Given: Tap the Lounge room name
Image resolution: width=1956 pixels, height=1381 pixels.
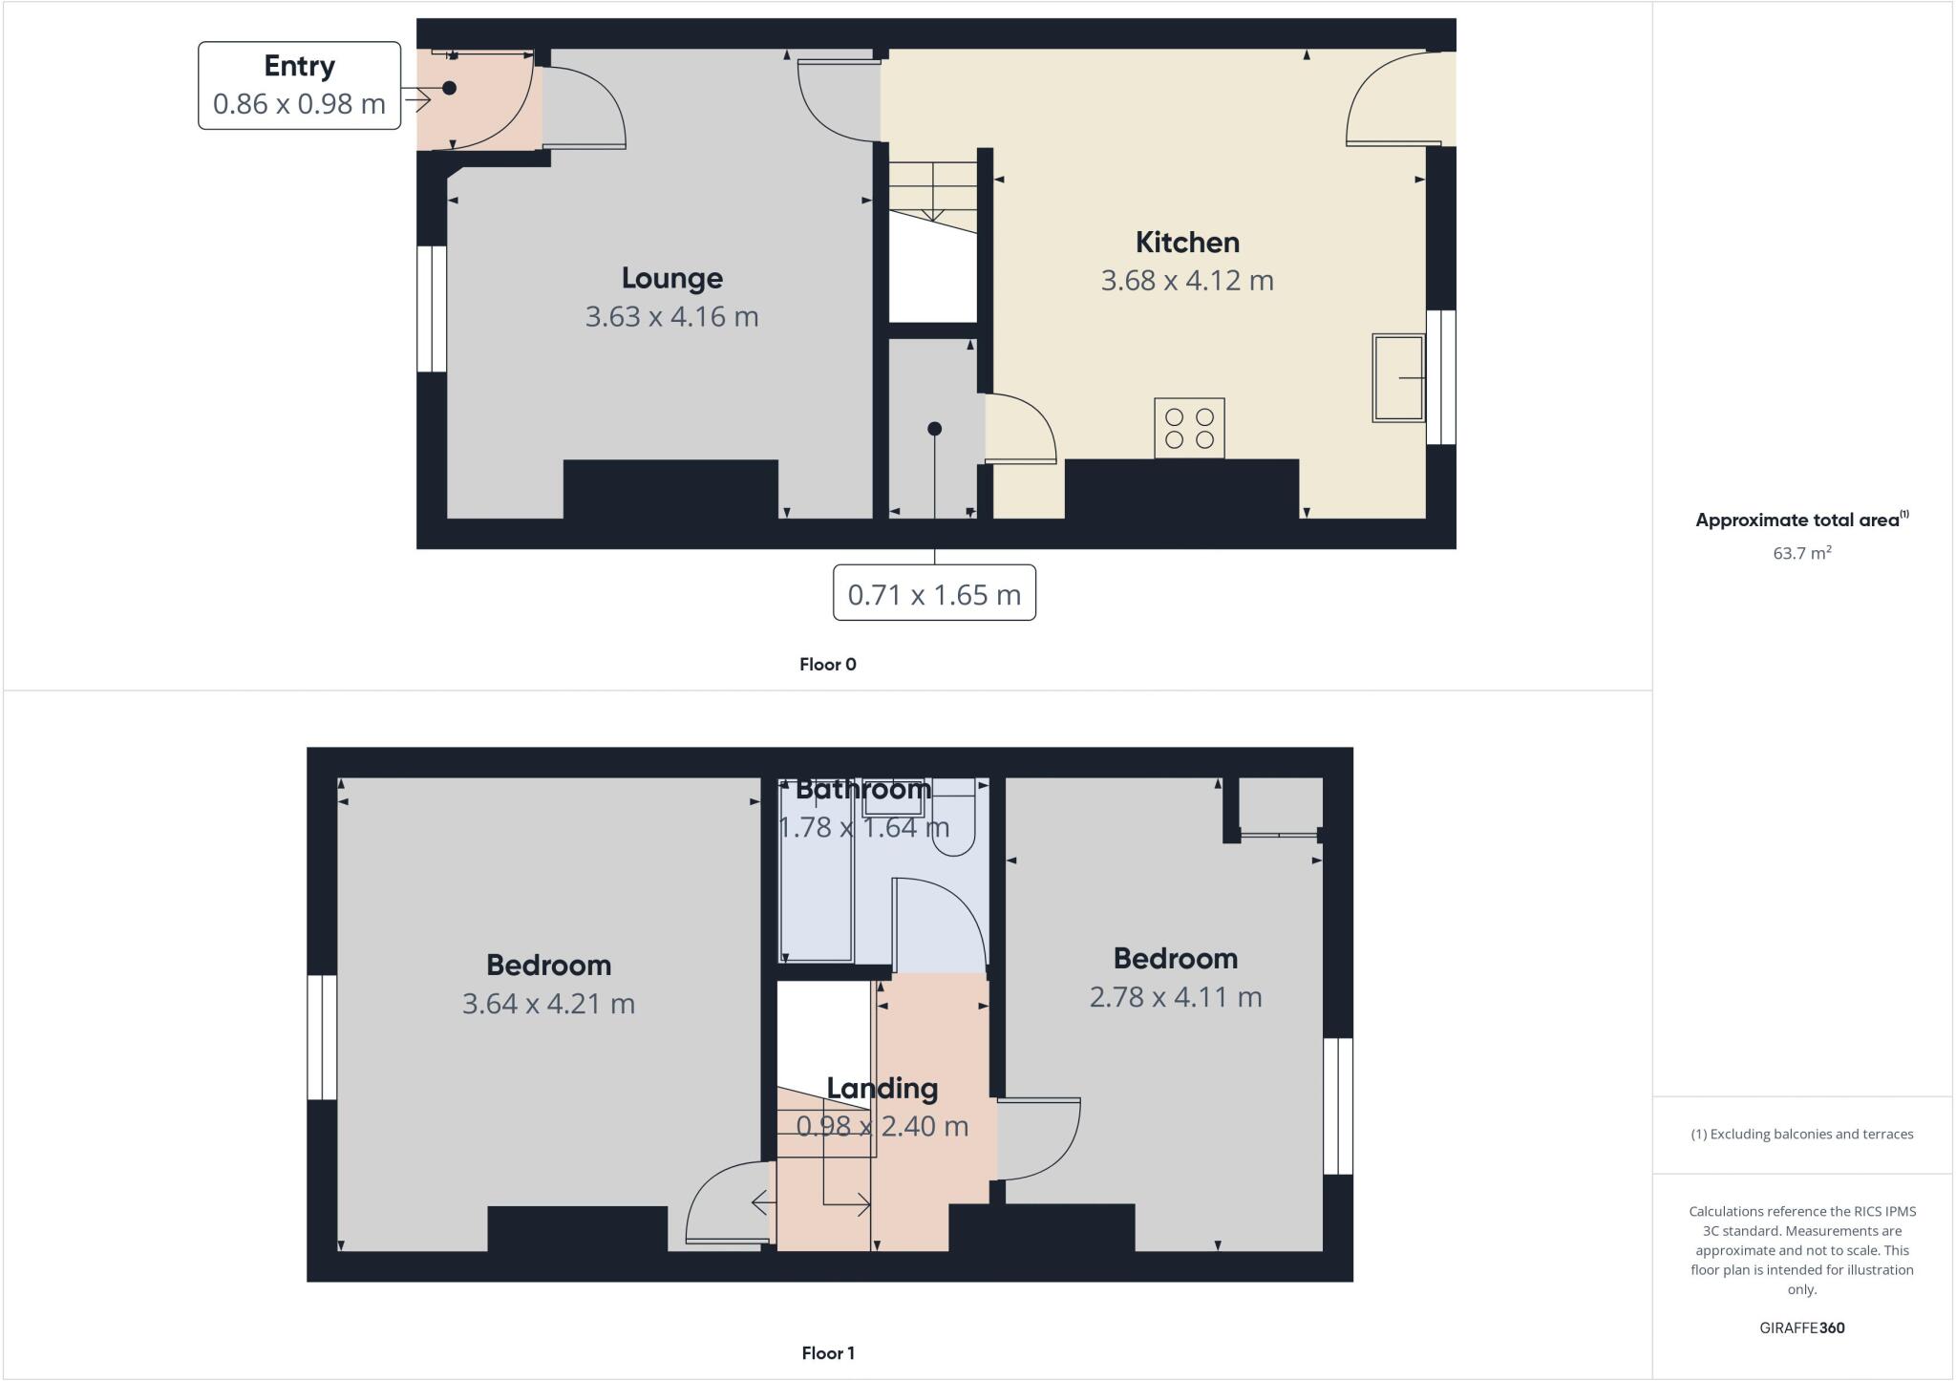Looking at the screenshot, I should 671,278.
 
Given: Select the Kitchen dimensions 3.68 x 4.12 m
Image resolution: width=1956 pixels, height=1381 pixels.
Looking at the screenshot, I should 1187,281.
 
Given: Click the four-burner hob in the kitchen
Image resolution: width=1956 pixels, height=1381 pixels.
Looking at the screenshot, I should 1189,428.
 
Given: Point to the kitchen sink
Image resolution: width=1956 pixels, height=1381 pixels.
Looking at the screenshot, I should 1397,377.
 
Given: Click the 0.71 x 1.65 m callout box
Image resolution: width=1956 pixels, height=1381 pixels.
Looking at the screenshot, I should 934,594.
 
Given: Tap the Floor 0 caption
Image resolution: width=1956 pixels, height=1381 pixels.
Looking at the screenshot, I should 827,665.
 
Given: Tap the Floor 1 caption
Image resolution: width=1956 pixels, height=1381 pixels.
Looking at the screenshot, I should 827,1353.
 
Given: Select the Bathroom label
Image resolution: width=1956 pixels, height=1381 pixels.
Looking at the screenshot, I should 862,790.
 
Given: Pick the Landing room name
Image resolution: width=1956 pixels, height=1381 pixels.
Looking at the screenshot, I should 882,1089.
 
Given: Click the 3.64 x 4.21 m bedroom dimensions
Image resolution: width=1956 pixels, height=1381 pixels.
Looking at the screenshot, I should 548,1004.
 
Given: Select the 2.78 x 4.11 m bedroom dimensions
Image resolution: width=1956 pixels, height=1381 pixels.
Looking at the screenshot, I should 1175,997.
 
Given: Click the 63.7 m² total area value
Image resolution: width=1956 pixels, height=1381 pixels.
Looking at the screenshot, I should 1801,553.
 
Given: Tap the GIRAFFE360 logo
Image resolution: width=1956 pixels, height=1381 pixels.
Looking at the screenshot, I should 1801,1328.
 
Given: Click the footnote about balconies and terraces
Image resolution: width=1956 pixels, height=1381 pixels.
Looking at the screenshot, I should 1801,1135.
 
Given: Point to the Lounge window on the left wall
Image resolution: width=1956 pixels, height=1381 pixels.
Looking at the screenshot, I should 432,308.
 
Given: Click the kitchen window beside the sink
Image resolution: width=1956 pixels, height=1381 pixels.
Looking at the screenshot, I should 1441,377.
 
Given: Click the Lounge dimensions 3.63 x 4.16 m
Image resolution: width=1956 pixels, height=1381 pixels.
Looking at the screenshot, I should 671,317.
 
